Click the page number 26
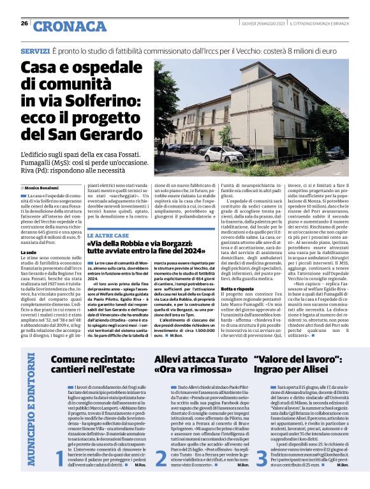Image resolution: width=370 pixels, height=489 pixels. pos(24,24)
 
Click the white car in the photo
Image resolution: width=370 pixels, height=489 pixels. pos(223,154)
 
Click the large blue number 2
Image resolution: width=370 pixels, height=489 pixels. pos(160,476)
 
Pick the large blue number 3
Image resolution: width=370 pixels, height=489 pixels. pos(262,476)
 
